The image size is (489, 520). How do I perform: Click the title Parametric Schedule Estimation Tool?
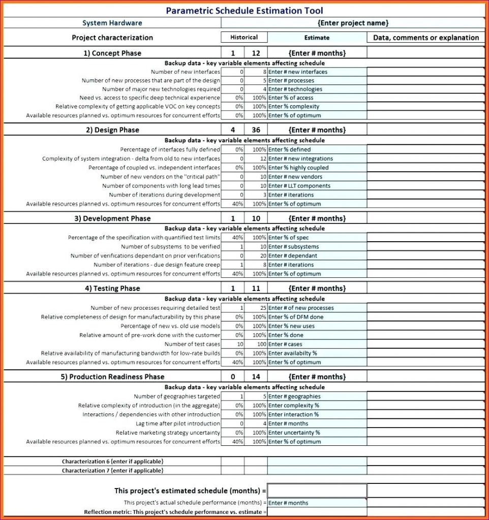click(244, 11)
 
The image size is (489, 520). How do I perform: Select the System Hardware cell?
click(112, 23)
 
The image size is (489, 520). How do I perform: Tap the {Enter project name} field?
click(353, 23)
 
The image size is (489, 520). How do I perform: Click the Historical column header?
click(244, 37)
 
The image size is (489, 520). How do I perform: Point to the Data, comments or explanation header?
click(426, 38)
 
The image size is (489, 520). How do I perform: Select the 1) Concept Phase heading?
click(112, 53)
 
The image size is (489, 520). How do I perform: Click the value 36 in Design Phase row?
click(256, 130)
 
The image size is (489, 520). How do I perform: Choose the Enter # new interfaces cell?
click(317, 72)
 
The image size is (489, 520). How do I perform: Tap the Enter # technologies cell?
click(317, 89)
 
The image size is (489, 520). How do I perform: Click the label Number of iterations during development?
click(165, 195)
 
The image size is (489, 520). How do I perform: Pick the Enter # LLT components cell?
click(317, 186)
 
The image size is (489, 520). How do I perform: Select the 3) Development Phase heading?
click(116, 218)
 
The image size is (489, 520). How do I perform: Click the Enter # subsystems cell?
click(317, 247)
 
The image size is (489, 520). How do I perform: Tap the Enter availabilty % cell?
click(317, 353)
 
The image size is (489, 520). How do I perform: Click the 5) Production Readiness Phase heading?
click(116, 377)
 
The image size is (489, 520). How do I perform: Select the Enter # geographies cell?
click(317, 397)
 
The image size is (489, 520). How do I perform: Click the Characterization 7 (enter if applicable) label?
click(112, 471)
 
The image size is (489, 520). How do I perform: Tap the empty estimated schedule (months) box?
click(317, 491)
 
